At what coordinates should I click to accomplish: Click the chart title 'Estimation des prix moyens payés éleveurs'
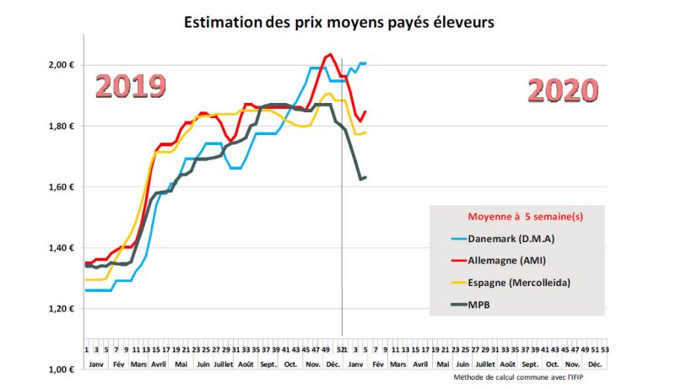[339, 23]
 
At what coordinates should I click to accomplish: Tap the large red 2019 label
[130, 86]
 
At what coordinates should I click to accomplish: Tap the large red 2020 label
[563, 90]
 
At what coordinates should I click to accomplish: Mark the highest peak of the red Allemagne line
[330, 55]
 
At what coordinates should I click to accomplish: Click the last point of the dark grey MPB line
[365, 177]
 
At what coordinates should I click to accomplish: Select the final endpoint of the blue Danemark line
[365, 63]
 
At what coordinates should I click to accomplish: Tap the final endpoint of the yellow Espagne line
[365, 132]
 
